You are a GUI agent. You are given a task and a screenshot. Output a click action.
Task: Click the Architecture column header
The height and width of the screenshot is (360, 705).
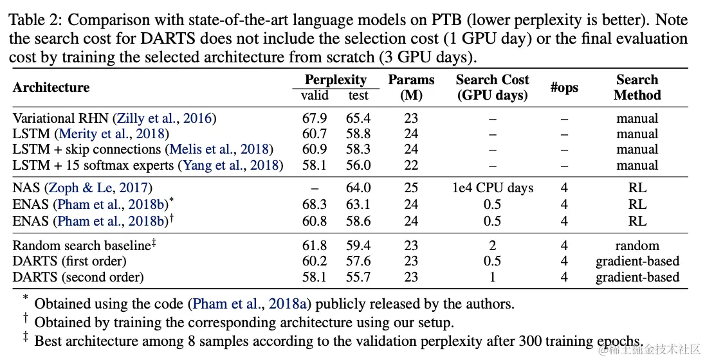(51, 87)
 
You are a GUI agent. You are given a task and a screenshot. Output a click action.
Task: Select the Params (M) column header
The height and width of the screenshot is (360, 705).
(411, 87)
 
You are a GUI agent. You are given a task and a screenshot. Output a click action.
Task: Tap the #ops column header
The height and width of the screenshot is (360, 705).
(564, 87)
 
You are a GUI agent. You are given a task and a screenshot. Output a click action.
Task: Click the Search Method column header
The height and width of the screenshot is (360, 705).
(637, 87)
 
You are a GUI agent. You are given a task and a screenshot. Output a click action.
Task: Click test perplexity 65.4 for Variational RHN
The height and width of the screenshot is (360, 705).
(358, 118)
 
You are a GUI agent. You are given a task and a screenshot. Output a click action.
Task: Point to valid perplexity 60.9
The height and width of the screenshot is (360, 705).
(315, 149)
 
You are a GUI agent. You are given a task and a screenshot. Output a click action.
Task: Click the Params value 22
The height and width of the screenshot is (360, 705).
(411, 165)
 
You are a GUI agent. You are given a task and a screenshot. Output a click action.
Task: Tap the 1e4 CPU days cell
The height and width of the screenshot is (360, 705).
(492, 188)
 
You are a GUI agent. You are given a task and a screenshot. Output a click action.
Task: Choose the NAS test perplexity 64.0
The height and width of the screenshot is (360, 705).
(358, 188)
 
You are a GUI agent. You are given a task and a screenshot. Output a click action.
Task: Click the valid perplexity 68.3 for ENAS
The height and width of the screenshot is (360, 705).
(315, 204)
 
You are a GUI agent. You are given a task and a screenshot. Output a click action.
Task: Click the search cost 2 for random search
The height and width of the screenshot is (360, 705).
(492, 246)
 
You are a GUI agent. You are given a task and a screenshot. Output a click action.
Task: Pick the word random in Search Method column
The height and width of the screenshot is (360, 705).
(637, 246)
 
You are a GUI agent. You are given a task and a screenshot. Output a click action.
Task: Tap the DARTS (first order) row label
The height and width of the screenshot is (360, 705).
(69, 261)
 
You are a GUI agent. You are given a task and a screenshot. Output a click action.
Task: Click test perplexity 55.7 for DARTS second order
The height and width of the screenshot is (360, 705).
(358, 277)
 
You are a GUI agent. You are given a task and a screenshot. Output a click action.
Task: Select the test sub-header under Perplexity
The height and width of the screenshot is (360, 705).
(358, 96)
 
